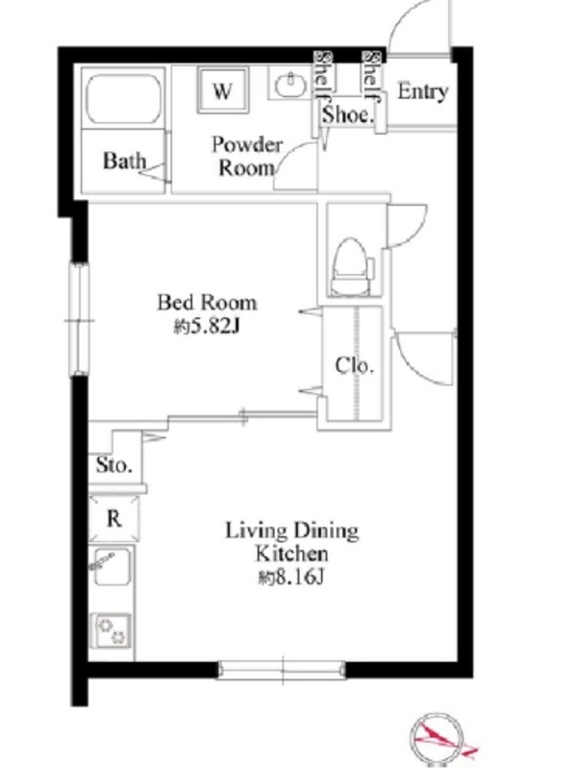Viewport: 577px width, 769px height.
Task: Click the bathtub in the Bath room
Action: (x=124, y=99)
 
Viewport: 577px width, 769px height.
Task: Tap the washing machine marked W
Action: (x=223, y=90)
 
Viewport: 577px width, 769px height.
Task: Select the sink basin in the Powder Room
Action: (x=290, y=85)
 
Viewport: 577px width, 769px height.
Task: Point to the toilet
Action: (x=351, y=267)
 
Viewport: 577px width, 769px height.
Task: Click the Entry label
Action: (x=423, y=91)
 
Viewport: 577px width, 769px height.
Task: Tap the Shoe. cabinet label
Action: (x=348, y=114)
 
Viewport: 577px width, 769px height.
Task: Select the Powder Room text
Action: (x=247, y=156)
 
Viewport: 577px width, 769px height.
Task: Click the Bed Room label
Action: (x=207, y=302)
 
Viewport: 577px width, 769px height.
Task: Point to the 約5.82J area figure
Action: (x=207, y=326)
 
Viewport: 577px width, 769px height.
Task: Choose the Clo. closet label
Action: (x=354, y=365)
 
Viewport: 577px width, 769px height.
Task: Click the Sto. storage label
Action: (x=113, y=464)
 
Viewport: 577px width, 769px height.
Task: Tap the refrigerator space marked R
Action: (x=113, y=518)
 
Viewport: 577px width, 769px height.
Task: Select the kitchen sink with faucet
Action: (x=112, y=567)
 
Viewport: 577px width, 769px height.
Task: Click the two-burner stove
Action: (x=112, y=631)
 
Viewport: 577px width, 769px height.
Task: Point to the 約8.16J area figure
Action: (x=291, y=578)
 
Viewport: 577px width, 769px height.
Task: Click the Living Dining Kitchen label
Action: (x=292, y=541)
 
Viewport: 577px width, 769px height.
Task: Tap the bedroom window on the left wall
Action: (x=79, y=320)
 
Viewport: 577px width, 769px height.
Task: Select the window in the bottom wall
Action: (x=282, y=670)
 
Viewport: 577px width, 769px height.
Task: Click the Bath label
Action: (x=125, y=161)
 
